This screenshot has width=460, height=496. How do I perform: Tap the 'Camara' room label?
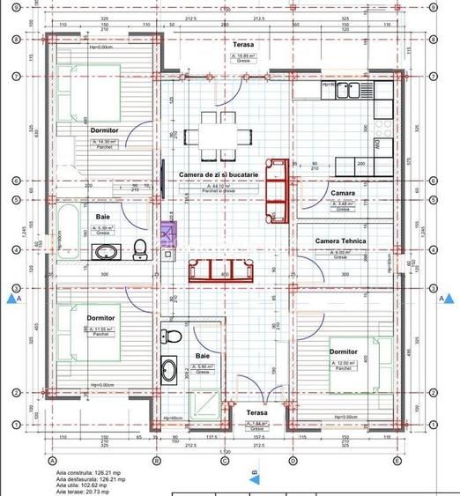click(343, 193)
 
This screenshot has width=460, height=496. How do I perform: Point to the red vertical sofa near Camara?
click(278, 189)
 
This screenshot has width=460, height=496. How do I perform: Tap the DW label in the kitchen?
click(377, 144)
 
